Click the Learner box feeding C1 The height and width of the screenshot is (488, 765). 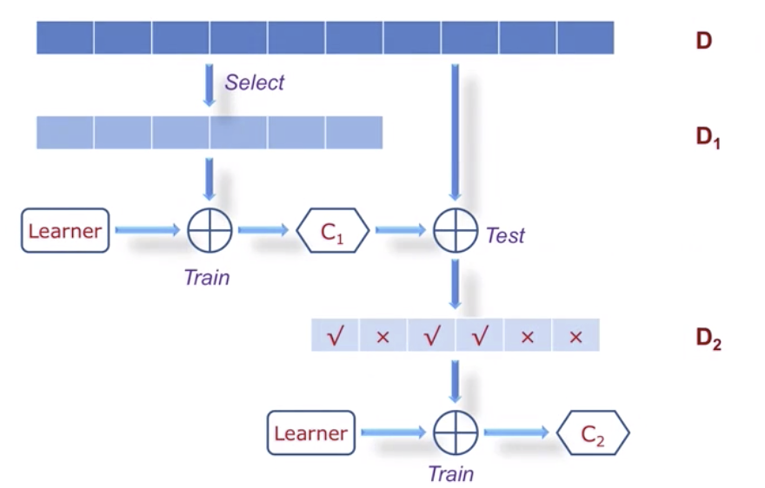[x=65, y=231]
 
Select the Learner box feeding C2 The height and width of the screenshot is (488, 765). [x=311, y=433]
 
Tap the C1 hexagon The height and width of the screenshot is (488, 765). [x=333, y=231]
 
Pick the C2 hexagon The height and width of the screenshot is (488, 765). [x=593, y=433]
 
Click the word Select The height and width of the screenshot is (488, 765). [x=254, y=82]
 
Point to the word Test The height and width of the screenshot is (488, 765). [x=505, y=236]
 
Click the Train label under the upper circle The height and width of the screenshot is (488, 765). [x=207, y=278]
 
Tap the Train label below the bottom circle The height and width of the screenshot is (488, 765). [x=451, y=474]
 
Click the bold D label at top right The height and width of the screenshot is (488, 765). [x=703, y=41]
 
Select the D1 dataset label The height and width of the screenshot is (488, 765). [x=708, y=137]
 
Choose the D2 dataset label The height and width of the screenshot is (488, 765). [x=708, y=339]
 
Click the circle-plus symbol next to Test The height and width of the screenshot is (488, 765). [x=456, y=231]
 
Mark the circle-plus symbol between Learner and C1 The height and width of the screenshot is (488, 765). [x=210, y=231]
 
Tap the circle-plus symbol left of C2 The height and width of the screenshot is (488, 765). [x=456, y=433]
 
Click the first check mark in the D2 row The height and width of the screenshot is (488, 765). [x=336, y=336]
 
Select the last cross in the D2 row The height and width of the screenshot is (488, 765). [x=575, y=337]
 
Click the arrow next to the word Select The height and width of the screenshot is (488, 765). [x=210, y=85]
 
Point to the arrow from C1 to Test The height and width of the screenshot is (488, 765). [x=401, y=230]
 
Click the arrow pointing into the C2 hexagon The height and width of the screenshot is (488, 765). [x=516, y=432]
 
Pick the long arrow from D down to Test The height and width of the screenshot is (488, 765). [x=456, y=133]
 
